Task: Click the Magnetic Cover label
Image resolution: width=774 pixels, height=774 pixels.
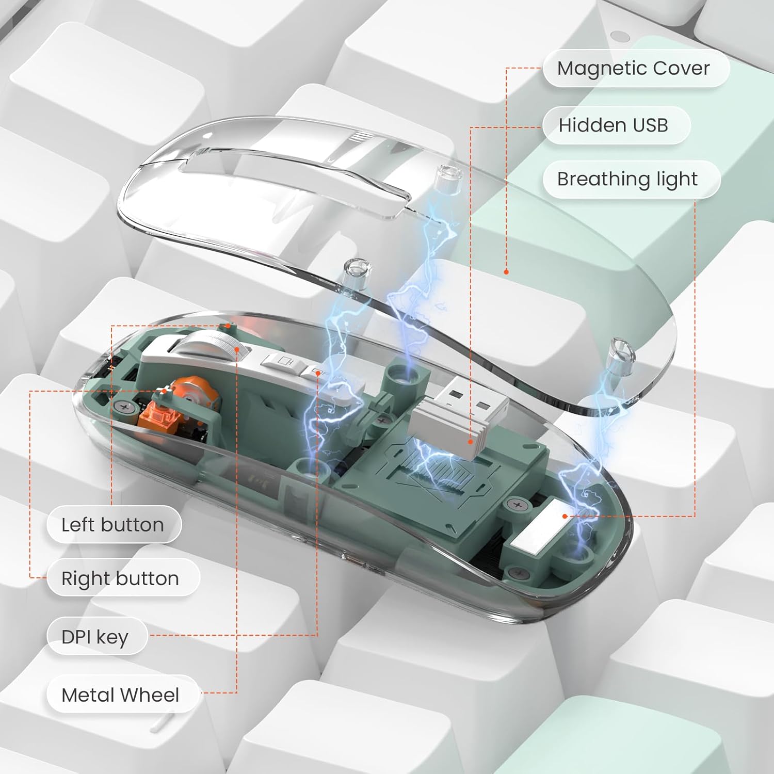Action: tap(636, 68)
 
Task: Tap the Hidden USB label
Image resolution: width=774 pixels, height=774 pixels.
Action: tap(616, 125)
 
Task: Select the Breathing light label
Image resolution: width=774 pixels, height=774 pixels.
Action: tap(631, 179)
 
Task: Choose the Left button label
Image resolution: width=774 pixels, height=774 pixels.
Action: tap(114, 525)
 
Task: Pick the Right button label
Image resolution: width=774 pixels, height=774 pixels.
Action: tap(123, 578)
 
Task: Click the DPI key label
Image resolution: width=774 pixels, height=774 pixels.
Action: tap(97, 636)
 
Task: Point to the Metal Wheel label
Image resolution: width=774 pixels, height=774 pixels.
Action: tap(123, 695)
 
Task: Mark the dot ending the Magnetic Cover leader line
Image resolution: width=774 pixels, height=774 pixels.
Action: tap(506, 271)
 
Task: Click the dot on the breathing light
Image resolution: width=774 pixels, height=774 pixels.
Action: tap(565, 516)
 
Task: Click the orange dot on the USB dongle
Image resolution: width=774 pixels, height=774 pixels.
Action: tap(470, 442)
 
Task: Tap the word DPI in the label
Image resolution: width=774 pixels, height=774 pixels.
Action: tap(76, 637)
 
